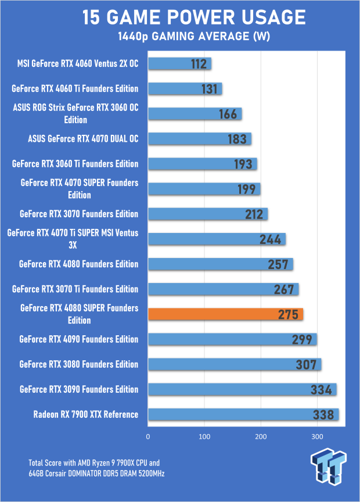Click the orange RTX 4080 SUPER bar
point(225,314)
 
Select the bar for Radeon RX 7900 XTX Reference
point(243,414)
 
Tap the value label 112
point(199,64)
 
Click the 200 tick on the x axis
point(261,436)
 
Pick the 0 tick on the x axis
point(148,436)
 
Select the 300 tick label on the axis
point(317,436)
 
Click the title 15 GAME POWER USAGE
point(194,18)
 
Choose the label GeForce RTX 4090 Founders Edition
point(79,339)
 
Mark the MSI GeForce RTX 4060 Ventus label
point(78,64)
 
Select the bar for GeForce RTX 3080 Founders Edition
point(235,364)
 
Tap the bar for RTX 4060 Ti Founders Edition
point(185,89)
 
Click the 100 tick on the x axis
point(204,436)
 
